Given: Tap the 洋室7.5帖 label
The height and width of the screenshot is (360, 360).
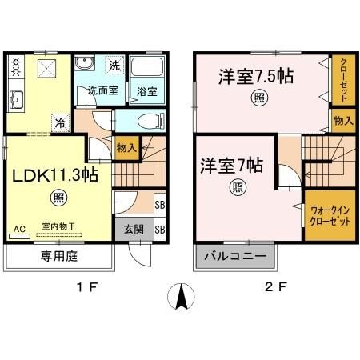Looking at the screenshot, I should pos(255,77).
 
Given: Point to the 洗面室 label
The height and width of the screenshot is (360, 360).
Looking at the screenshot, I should pos(103,90).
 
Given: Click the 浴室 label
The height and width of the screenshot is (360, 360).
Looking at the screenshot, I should pos(145,90).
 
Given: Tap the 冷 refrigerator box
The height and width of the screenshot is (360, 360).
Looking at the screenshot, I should pos(61,122).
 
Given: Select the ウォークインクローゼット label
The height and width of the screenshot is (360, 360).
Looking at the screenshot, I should pos(328,215).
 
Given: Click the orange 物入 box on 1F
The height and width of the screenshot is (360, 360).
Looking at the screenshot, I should pos(126,147).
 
